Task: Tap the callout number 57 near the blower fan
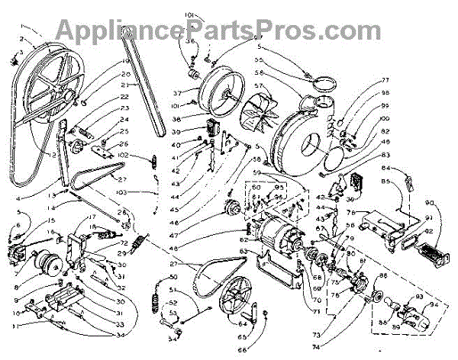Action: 259,85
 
